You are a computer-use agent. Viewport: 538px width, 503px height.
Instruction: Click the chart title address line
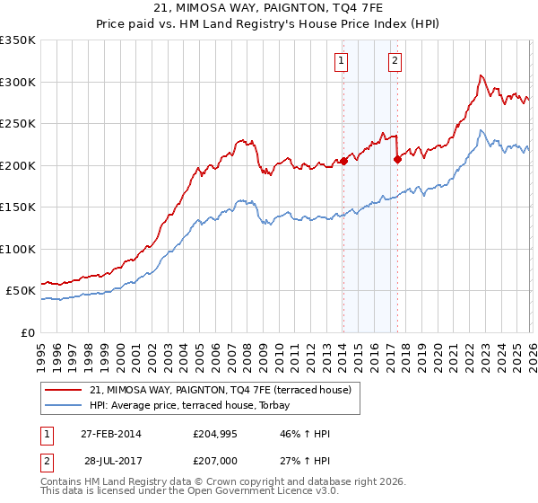[x=269, y=9]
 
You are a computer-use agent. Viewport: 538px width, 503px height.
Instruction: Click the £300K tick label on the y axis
[x=18, y=82]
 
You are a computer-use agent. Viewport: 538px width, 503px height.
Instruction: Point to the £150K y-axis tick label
[x=18, y=207]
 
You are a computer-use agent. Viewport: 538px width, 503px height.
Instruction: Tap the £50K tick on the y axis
[x=22, y=291]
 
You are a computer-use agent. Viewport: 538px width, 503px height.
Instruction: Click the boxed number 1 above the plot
[x=343, y=61]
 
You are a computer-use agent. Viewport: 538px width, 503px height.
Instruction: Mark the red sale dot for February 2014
[x=343, y=162]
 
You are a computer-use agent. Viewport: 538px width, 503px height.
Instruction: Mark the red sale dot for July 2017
[x=397, y=160]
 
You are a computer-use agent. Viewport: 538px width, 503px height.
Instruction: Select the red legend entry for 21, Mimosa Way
[x=224, y=390]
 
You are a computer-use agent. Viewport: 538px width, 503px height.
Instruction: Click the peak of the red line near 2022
[x=482, y=76]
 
